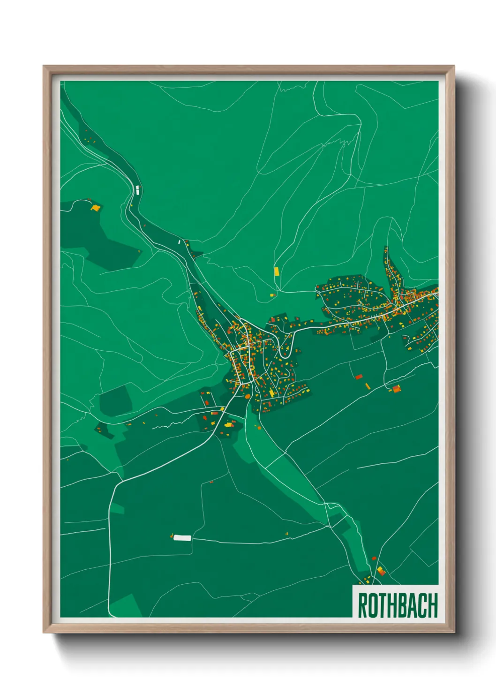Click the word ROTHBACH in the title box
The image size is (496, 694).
[398, 605]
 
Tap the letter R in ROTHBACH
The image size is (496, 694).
[362, 605]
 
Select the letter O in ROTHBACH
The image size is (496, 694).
[372, 605]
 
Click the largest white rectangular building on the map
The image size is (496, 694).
[182, 538]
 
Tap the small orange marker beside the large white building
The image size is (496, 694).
[173, 536]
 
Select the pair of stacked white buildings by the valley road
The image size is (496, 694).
[137, 189]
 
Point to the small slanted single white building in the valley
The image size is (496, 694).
[179, 242]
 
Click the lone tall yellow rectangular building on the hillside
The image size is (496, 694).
[277, 271]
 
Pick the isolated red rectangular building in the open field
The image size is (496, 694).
[359, 376]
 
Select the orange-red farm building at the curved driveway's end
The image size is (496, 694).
[396, 388]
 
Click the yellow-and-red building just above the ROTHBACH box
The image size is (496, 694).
[381, 571]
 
